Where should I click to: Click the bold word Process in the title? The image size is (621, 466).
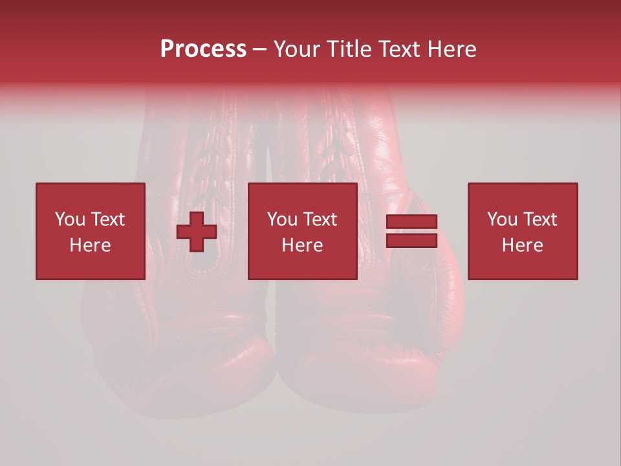203,49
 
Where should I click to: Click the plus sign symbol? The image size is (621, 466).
197,231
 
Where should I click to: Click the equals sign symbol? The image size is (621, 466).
411,231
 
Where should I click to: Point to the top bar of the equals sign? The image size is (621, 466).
411,221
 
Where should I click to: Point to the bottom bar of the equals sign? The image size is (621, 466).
411,241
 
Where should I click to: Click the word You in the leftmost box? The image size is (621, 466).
69,219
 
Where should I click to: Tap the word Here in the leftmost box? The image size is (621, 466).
91,245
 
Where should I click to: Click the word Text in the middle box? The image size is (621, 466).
320,219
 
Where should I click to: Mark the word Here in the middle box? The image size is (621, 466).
303,245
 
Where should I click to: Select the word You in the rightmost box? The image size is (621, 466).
501,219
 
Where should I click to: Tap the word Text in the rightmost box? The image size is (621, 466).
540,219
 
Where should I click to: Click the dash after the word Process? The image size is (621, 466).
260,50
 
